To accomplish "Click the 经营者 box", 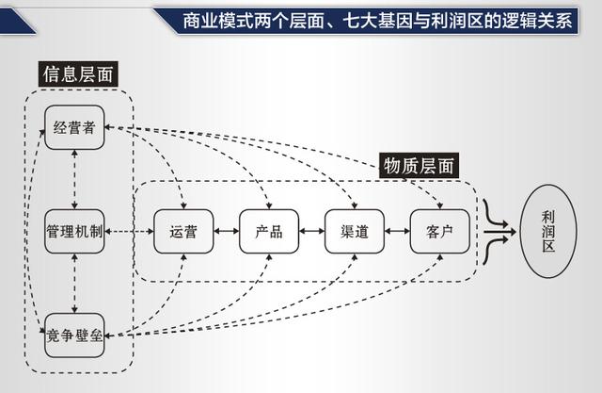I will coord(74,128).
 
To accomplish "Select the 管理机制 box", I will coord(74,231).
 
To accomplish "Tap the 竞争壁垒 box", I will coord(74,335).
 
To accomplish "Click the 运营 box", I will coord(183,232).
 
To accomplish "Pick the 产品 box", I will coord(268,232).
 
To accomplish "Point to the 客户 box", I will coord(438,232).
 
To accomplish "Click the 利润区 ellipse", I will coord(547,231).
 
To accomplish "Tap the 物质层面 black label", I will coord(420,165).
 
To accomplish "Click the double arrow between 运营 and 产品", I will coord(226,232).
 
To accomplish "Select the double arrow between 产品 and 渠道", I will coord(311,232).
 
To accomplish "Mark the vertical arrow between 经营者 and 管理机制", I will coord(74,179).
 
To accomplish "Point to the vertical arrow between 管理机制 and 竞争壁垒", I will coord(74,283).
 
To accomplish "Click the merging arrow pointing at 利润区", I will coord(499,231).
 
